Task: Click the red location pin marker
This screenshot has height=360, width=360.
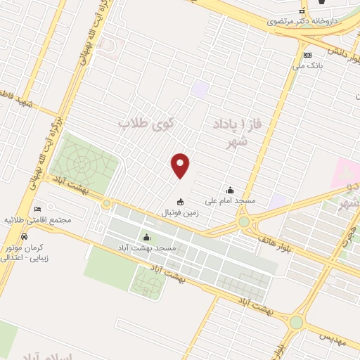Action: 181,165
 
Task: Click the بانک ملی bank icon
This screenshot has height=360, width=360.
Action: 307,55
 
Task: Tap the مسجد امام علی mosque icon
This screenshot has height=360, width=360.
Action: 230,189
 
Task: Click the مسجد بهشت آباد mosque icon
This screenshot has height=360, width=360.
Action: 146,237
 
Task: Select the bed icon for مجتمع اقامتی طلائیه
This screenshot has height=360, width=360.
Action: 37,208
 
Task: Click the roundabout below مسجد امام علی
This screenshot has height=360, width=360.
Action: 243,221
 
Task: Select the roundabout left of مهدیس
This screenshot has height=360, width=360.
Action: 295,322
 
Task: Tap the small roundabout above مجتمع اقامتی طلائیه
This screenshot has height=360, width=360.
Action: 106,203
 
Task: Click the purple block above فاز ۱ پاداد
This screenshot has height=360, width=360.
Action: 201,89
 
